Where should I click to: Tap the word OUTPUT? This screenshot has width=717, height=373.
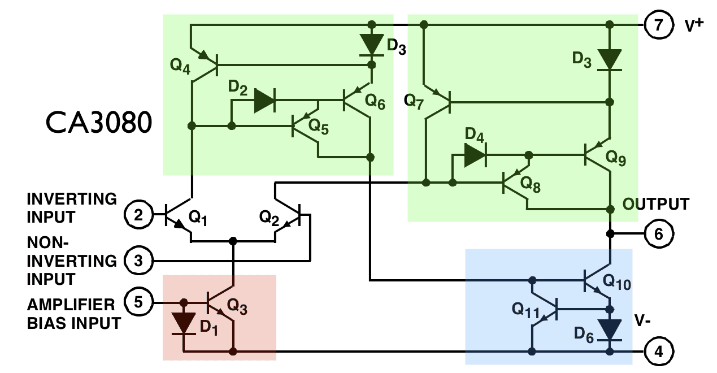pyautogui.click(x=656, y=204)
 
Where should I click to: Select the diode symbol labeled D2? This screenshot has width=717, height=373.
pyautogui.click(x=264, y=101)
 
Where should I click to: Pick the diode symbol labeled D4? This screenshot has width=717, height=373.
pyautogui.click(x=475, y=155)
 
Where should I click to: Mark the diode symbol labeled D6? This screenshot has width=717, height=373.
pyautogui.click(x=610, y=329)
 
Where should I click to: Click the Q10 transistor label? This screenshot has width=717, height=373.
pyautogui.click(x=616, y=280)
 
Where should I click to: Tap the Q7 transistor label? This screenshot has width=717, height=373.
pyautogui.click(x=415, y=102)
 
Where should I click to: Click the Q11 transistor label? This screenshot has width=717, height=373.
pyautogui.click(x=525, y=309)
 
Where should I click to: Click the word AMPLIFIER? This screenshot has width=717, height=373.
pyautogui.click(x=71, y=305)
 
